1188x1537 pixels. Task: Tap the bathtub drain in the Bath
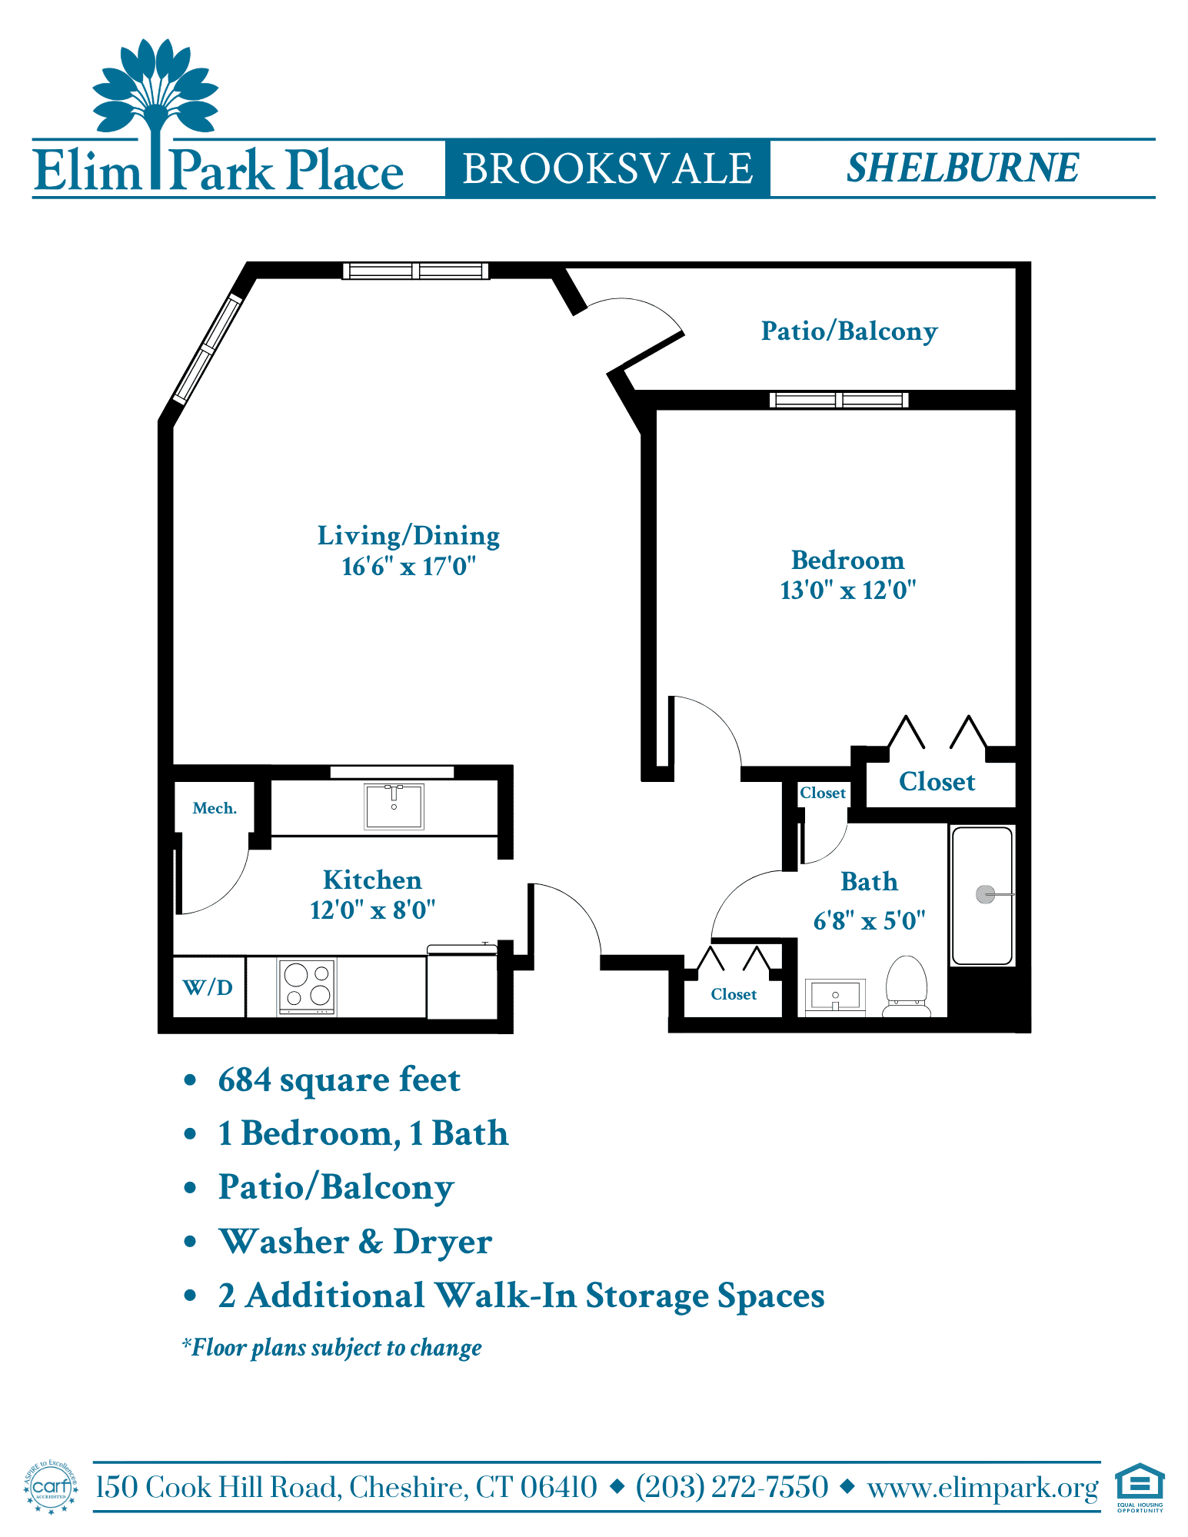(985, 894)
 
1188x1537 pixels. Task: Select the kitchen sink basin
(394, 806)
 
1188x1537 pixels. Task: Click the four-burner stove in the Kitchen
(307, 986)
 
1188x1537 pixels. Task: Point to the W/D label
(208, 987)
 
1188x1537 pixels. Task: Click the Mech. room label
(215, 808)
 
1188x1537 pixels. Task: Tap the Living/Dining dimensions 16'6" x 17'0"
(409, 567)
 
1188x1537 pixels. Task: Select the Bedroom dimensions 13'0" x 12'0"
(848, 591)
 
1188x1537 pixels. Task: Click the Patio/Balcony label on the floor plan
(850, 331)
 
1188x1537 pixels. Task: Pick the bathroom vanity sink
(835, 996)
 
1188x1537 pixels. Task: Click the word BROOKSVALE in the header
(607, 168)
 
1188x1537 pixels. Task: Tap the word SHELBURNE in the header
(963, 168)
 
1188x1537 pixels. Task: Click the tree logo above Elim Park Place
(156, 101)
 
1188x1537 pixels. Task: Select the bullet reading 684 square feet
(339, 1080)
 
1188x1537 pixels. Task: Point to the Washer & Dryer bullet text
(355, 1242)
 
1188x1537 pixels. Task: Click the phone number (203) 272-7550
(732, 1487)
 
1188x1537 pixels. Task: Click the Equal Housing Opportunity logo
(1140, 1487)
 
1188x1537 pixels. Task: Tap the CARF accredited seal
(52, 1487)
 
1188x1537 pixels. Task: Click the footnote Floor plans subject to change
(331, 1348)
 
